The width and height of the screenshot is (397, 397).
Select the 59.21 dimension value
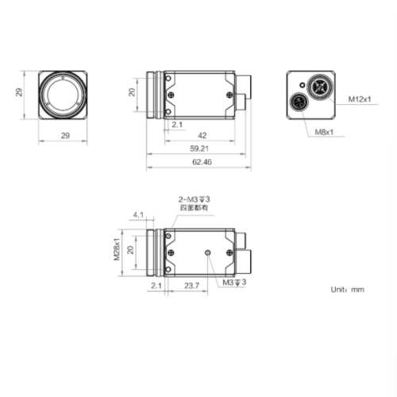pos(199,148)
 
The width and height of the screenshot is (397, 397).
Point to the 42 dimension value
pos(202,136)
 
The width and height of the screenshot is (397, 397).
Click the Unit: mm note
pos(347,290)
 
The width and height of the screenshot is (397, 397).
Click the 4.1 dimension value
pos(139,214)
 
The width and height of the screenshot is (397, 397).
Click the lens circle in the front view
pos(66,93)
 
